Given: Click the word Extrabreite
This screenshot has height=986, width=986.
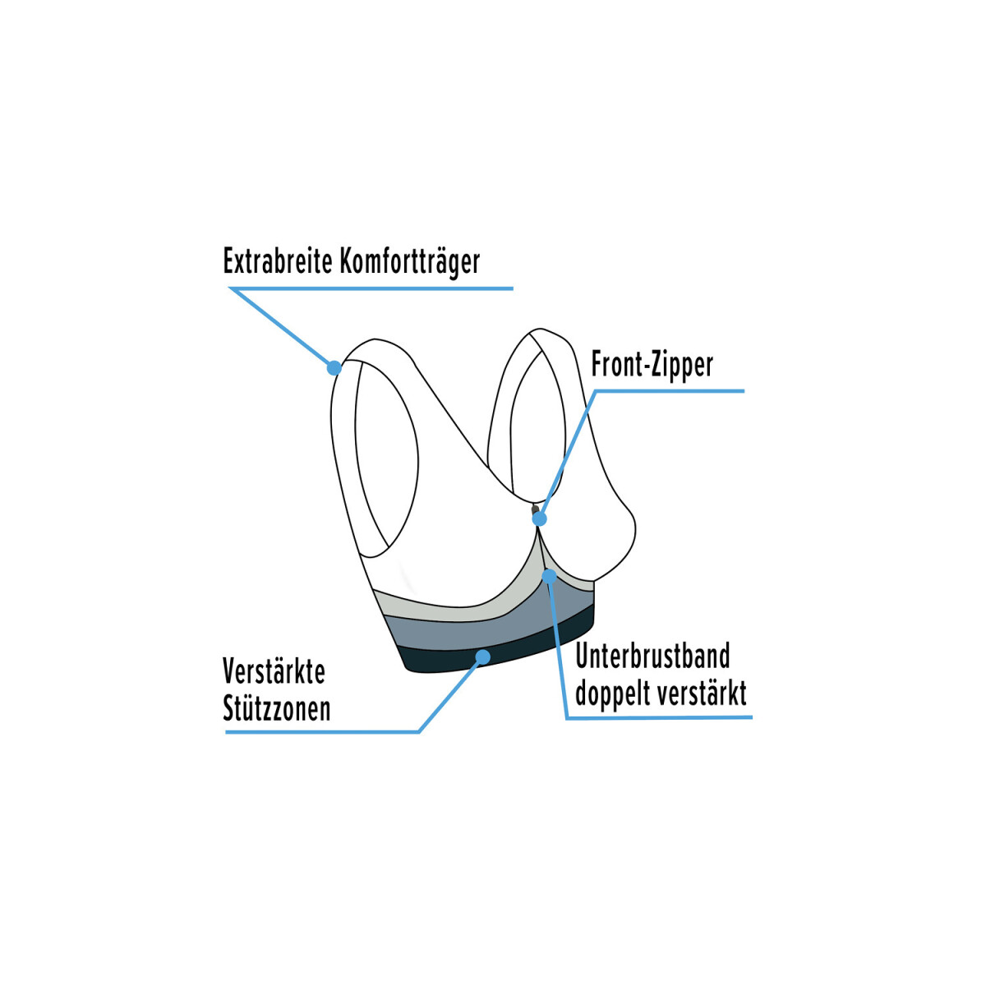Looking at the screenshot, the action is [278, 261].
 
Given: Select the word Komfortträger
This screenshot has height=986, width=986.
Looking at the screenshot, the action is [410, 262].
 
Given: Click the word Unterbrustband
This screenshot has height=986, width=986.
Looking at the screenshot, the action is [653, 657].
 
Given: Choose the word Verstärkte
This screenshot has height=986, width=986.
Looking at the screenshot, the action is [274, 671].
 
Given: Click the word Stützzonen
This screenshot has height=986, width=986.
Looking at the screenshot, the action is [277, 708].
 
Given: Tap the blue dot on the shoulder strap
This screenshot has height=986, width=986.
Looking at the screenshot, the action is [334, 367].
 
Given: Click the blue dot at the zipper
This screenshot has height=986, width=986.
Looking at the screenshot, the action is [539, 518].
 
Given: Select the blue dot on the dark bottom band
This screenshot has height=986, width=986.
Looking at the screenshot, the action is [482, 657].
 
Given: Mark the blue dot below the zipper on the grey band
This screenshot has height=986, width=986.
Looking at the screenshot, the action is [549, 577].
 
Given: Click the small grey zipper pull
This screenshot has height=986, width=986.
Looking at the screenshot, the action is [535, 509].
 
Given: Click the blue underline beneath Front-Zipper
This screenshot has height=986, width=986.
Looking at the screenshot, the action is [670, 391].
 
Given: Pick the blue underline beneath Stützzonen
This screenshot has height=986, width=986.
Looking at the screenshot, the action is [322, 732].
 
